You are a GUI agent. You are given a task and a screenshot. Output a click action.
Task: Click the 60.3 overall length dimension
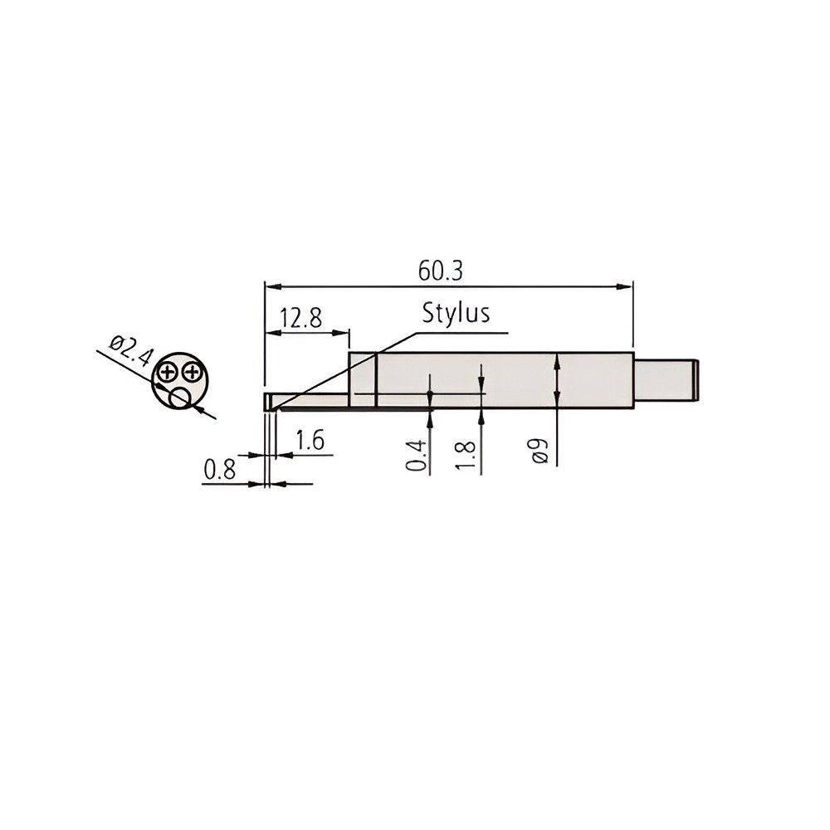(x=440, y=271)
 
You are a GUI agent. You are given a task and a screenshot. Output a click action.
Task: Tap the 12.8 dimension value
(x=300, y=318)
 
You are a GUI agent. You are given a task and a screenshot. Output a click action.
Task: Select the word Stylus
(x=455, y=314)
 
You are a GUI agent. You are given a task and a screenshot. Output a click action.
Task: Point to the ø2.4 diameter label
(x=130, y=351)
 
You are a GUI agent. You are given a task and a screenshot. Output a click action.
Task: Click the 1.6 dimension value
(x=310, y=441)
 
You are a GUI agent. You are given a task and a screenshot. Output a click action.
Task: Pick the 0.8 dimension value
(x=220, y=470)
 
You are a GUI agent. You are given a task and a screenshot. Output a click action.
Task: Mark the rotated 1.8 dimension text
(x=466, y=455)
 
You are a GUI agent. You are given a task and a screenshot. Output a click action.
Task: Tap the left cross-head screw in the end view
(x=168, y=372)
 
